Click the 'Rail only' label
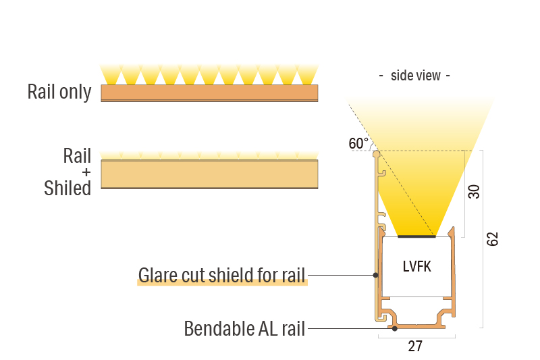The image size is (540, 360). click(x=59, y=92)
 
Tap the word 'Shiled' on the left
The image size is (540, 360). click(x=67, y=188)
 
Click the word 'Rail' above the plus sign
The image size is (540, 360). click(x=77, y=156)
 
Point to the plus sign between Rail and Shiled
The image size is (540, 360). click(x=86, y=172)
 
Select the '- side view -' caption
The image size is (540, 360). click(x=414, y=76)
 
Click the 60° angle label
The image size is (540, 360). click(x=358, y=143)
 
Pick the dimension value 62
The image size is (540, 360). click(x=493, y=239)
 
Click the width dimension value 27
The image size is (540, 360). click(x=415, y=346)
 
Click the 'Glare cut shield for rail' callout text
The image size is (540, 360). click(x=222, y=275)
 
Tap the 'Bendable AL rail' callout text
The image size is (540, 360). click(x=245, y=329)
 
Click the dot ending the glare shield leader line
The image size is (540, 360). click(x=375, y=275)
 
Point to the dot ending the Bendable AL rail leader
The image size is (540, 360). click(x=395, y=329)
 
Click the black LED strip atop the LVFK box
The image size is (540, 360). click(x=416, y=237)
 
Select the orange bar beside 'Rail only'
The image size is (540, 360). click(x=209, y=92)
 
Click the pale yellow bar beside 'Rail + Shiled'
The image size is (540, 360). click(x=209, y=174)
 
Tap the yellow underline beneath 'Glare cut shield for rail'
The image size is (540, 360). click(x=222, y=284)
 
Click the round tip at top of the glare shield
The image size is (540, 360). click(x=377, y=155)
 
